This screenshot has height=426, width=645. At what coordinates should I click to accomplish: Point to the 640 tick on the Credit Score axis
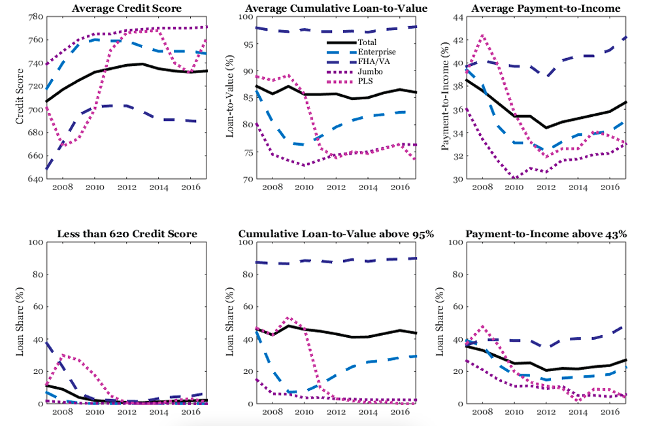click(x=35, y=179)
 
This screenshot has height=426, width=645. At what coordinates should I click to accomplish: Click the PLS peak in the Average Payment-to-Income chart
click(x=482, y=36)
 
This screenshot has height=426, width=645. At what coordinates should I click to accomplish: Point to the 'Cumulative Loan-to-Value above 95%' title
click(x=336, y=234)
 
